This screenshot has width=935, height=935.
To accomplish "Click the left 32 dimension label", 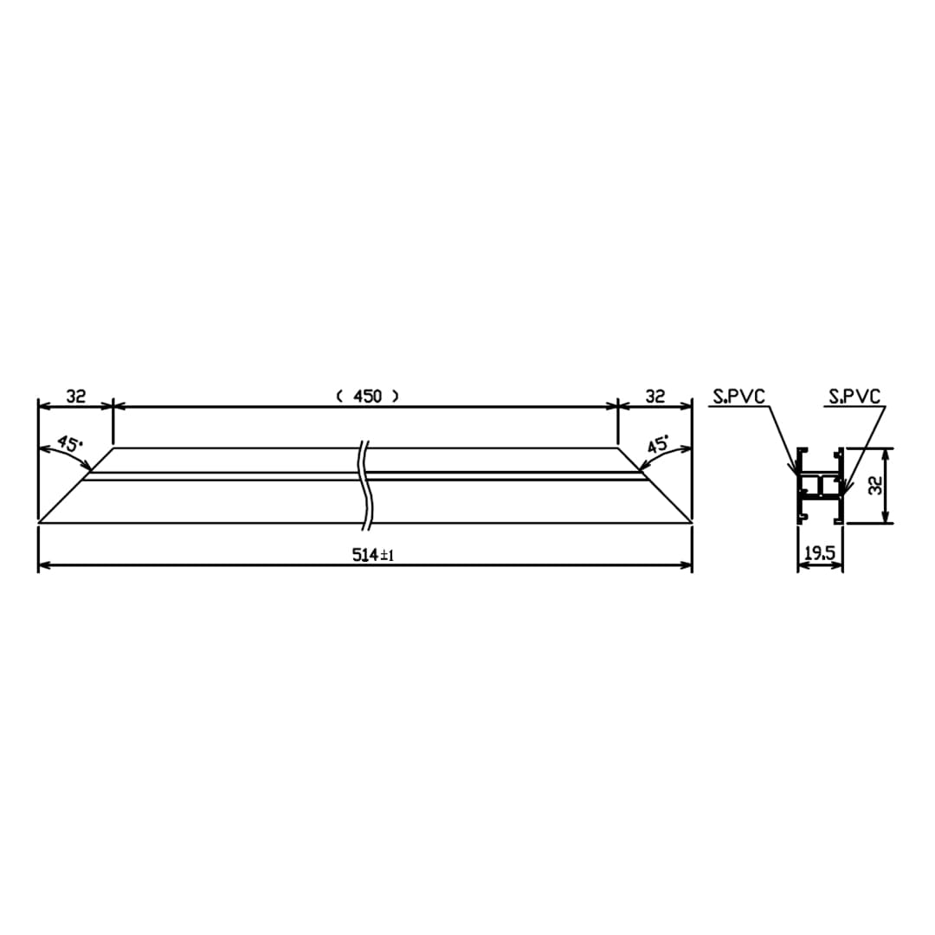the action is coord(75,396).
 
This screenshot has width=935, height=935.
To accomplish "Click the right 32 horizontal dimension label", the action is coord(654,396).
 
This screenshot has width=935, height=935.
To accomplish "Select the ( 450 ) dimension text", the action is coord(367,396).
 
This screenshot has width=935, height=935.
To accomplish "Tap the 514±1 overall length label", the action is coord(372,555).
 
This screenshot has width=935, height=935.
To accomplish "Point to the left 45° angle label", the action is coord(70,443).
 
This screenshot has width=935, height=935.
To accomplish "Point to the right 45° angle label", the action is coord(658,443).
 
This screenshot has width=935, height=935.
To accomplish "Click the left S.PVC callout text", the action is coord(738,397).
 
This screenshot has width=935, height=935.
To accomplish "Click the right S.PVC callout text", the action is coord(854,397).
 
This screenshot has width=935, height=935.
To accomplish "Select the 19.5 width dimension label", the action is coord(820,554).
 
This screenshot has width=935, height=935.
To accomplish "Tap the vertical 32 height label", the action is coord(875,486).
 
